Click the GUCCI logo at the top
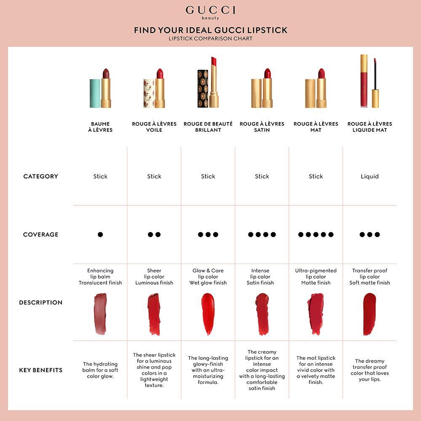210,11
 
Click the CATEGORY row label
41,176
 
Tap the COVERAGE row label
41,234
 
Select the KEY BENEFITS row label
41,370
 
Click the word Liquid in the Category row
370,176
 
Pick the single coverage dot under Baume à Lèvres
100,234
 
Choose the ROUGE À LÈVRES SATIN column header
262,127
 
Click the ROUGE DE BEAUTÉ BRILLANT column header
208,127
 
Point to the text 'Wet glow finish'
208,283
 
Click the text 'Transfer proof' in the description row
370,271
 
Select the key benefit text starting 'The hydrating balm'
100,370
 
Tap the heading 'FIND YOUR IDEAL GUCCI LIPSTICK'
210,30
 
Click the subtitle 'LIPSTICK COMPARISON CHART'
210,39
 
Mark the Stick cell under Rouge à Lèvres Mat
316,176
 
